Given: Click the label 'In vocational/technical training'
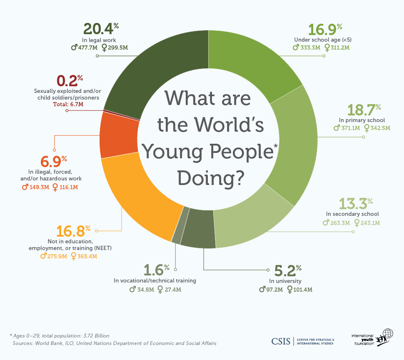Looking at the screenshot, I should (x=155, y=280).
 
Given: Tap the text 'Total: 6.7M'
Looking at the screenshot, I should (x=68, y=104).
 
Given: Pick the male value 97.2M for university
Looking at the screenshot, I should (x=270, y=290).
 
